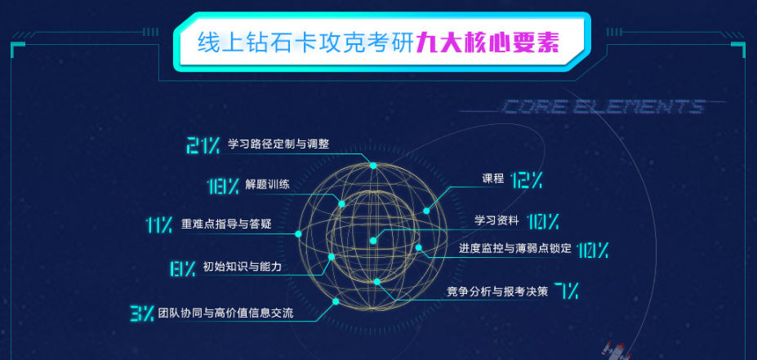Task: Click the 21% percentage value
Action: click(203, 145)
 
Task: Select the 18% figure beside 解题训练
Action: click(222, 185)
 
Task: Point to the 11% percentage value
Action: click(158, 224)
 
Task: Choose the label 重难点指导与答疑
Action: click(225, 224)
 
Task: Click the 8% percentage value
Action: click(182, 267)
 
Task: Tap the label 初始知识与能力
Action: click(241, 266)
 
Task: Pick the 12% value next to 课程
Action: click(527, 180)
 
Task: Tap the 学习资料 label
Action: click(497, 220)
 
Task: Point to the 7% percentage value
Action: click(566, 290)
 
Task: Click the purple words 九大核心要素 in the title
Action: click(488, 42)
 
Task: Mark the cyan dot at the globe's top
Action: click(373, 166)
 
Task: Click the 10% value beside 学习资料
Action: click(543, 221)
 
